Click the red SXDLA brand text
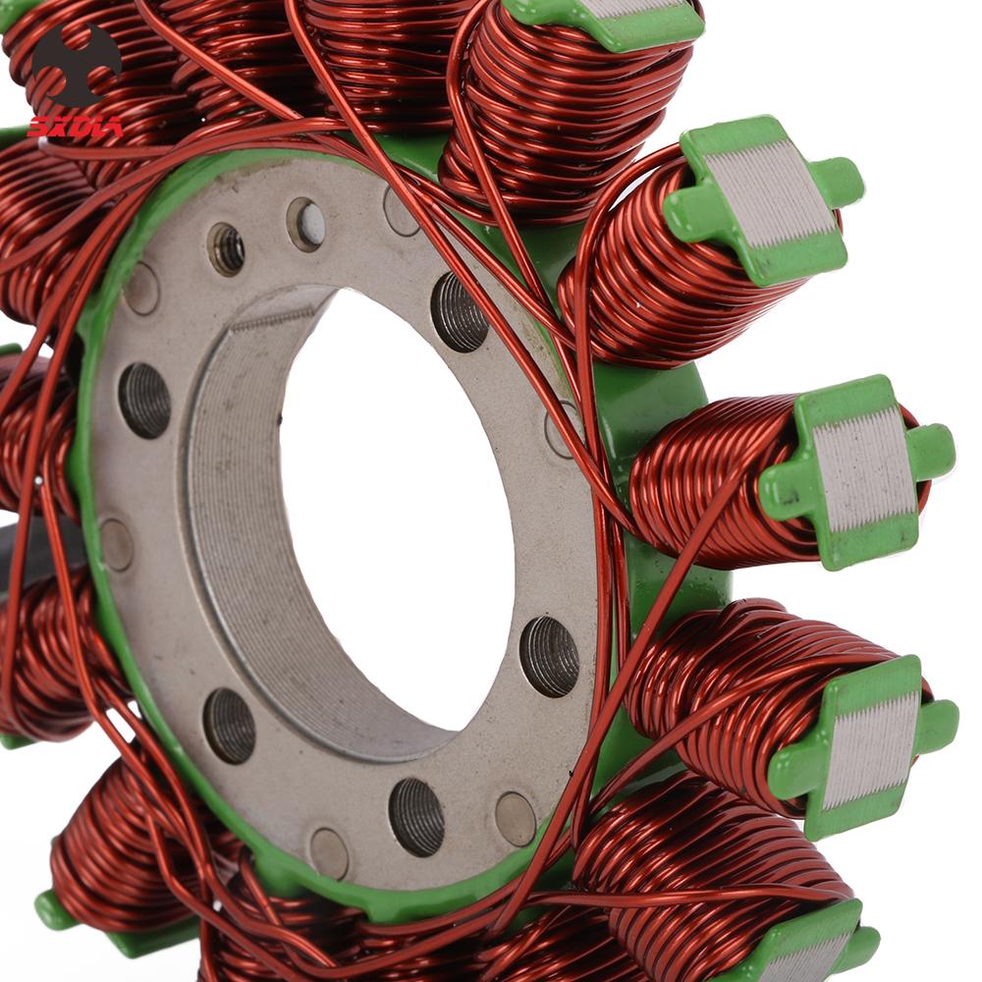click(75, 127)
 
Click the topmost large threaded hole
click(460, 311)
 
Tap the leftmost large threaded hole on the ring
click(144, 400)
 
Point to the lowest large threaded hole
click(416, 816)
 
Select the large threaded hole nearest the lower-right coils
click(549, 656)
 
